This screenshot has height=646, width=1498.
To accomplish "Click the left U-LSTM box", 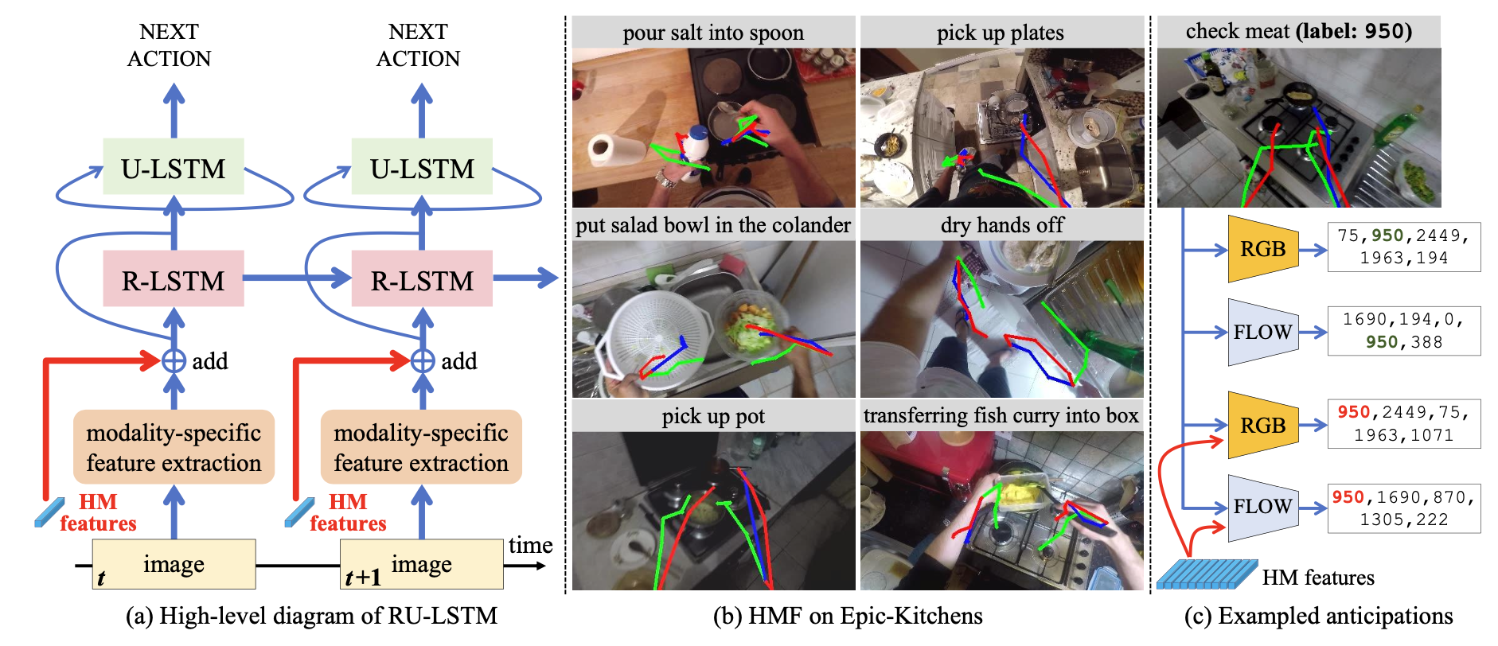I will coord(174,167).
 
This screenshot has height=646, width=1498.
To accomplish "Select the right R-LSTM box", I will coord(422,280).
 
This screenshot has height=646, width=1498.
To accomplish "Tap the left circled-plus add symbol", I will coord(174,360).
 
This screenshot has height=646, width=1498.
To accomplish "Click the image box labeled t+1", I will coord(422,565).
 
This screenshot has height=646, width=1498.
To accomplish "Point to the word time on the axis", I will coord(530,545).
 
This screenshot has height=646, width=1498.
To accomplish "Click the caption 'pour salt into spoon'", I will coord(713,33).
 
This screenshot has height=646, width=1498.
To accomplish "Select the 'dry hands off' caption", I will coord(1002,225).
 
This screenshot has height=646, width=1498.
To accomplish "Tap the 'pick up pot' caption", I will coord(713,416).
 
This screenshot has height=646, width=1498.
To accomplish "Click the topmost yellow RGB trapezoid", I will coord(1262,249).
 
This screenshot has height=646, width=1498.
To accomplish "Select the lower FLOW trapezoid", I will coord(1262,507).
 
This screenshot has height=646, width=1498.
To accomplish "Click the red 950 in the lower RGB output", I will coord(1353,412).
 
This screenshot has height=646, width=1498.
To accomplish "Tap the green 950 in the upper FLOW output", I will coord(1382,342).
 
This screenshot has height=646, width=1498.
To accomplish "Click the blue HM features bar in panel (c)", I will coord(1206,574).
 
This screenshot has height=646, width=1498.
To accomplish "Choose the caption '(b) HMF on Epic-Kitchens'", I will coord(848,616).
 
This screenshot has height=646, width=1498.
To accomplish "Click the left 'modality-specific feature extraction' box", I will coord(174,447).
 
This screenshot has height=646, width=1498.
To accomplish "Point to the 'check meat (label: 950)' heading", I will coord(1298,32).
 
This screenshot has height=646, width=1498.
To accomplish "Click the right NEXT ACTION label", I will coord(418,45).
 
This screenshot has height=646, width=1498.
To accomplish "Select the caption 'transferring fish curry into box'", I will coord(1001,416).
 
